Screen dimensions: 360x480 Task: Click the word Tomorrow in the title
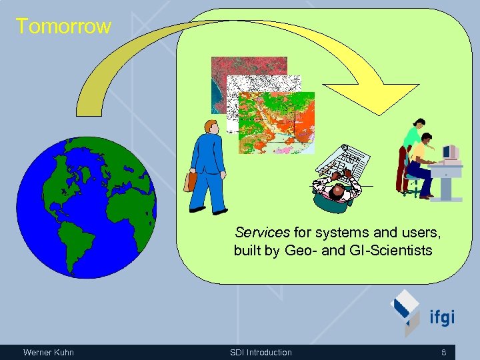63,27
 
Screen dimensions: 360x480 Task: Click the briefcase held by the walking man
191,181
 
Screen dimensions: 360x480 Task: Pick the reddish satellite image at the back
249,67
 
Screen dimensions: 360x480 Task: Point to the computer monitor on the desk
451,153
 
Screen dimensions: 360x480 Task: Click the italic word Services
262,233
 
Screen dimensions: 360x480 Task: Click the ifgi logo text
441,317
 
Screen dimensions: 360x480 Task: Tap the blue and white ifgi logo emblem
405,310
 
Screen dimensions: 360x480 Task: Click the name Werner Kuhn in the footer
48,352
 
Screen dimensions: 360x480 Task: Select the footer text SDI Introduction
261,352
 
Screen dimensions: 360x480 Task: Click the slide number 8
443,352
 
